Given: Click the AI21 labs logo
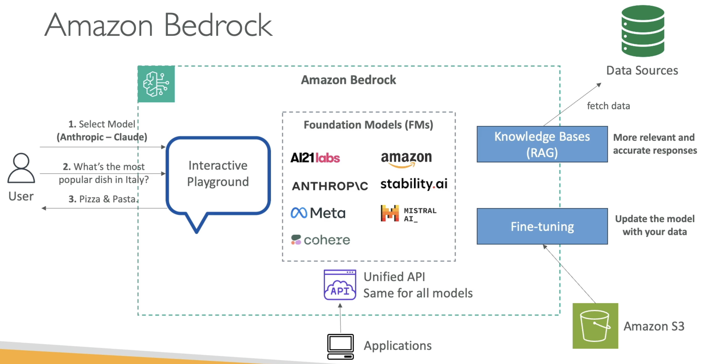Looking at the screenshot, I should tap(315, 158).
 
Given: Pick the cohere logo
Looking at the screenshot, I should tap(320, 240).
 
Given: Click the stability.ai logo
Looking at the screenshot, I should tap(414, 184).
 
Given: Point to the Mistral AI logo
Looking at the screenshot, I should tap(409, 213).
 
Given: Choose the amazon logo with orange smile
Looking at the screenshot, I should tap(406, 159).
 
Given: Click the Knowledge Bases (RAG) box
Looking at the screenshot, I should tap(542, 144).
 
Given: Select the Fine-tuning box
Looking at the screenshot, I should tap(542, 226).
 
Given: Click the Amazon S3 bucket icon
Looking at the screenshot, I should tap(595, 326).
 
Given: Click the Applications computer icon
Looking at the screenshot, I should tap(340, 347).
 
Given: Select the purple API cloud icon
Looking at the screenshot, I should tap(340, 285).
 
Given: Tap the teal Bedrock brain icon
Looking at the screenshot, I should tap(156, 84).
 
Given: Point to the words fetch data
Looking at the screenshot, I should tap(608, 106).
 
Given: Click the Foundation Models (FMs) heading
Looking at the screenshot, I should tap(368, 125).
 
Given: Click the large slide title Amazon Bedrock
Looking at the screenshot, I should tap(158, 25).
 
